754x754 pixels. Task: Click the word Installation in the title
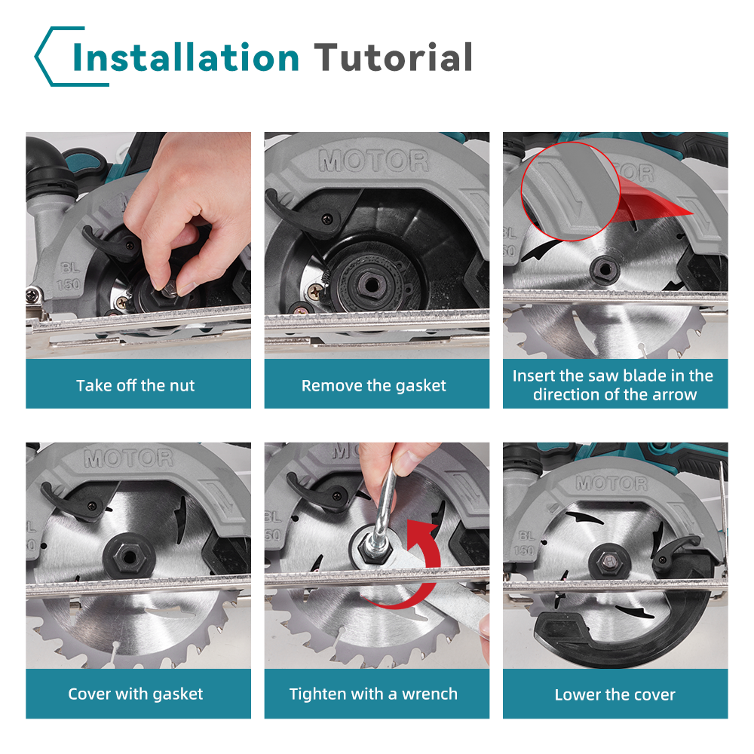tap(186, 57)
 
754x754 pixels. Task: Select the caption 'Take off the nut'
tap(135, 385)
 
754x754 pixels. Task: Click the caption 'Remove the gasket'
tap(374, 385)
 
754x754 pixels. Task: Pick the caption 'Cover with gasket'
tap(135, 694)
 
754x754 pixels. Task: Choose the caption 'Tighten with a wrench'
tap(373, 694)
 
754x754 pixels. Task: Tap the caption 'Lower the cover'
tap(615, 694)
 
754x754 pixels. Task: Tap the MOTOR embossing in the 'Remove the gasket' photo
tap(374, 161)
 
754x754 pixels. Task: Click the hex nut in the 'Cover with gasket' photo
tap(128, 558)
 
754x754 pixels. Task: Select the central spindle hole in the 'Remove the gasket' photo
tap(371, 285)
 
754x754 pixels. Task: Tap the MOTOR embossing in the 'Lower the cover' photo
tap(612, 483)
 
